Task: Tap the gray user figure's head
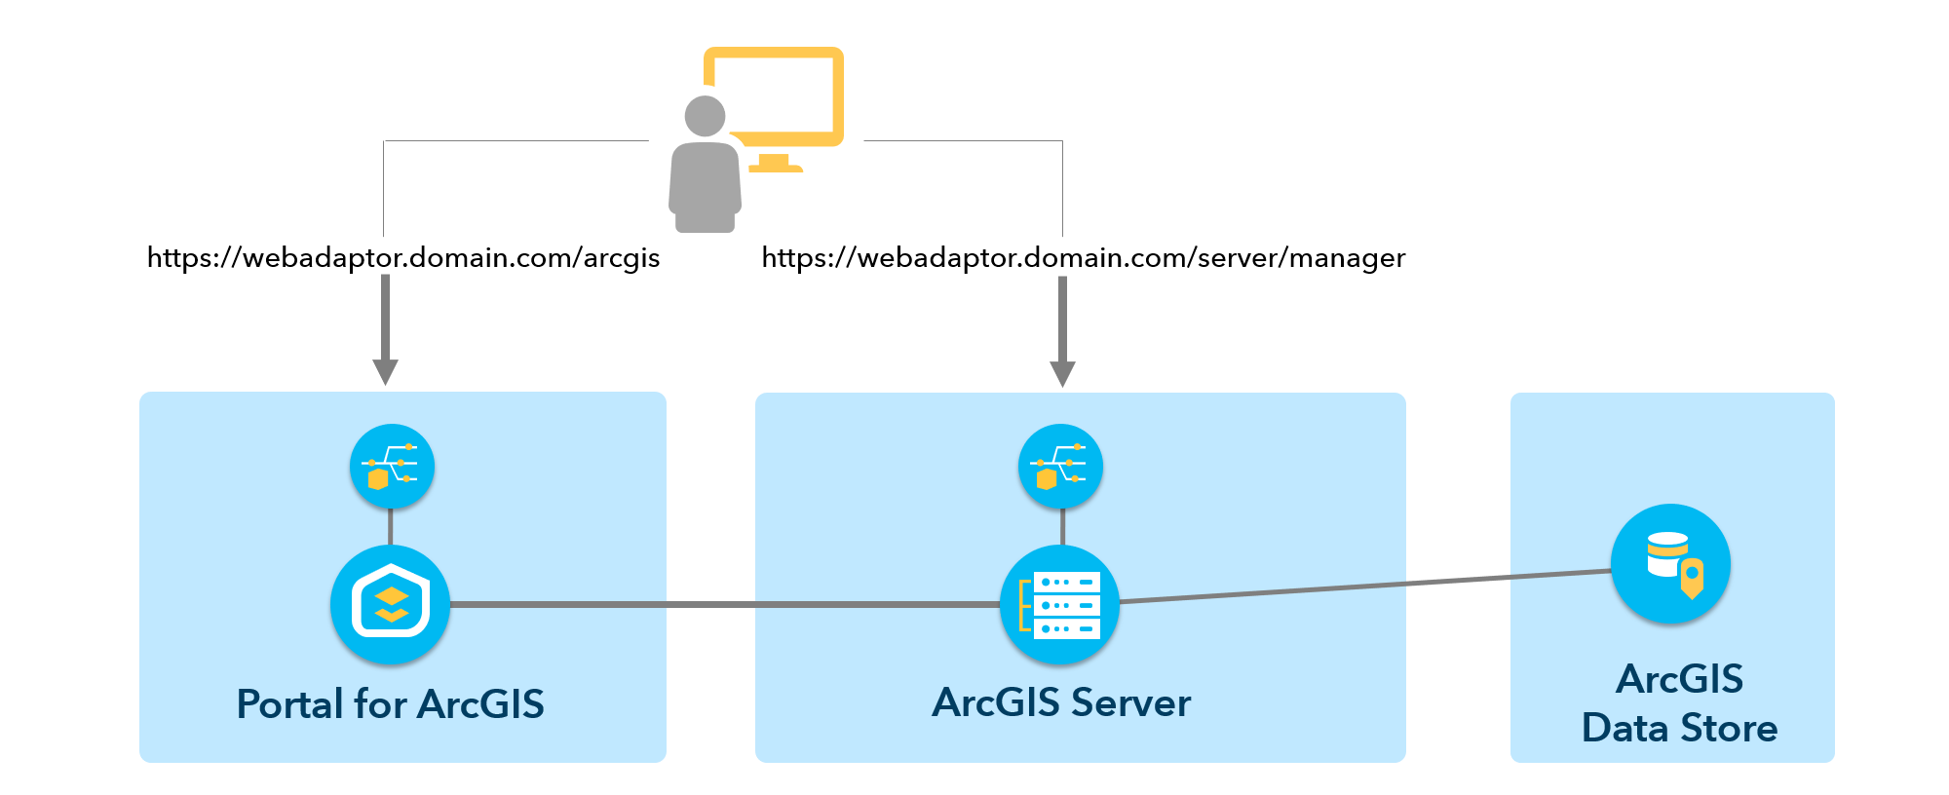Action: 705,116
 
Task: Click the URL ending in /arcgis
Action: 403,257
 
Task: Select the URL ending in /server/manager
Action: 1083,257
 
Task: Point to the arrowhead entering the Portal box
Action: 385,371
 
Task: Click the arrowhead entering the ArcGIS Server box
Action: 1062,373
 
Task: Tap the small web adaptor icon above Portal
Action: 392,467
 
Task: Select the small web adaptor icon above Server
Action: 1060,467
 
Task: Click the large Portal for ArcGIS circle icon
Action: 390,605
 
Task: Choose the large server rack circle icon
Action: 1060,605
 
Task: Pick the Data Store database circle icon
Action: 1670,564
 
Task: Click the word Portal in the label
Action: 290,704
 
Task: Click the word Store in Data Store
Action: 1729,729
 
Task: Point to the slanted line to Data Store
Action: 1364,587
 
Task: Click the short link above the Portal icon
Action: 390,526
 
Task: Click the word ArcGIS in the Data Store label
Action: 1679,679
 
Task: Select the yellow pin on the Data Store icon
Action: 1693,577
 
